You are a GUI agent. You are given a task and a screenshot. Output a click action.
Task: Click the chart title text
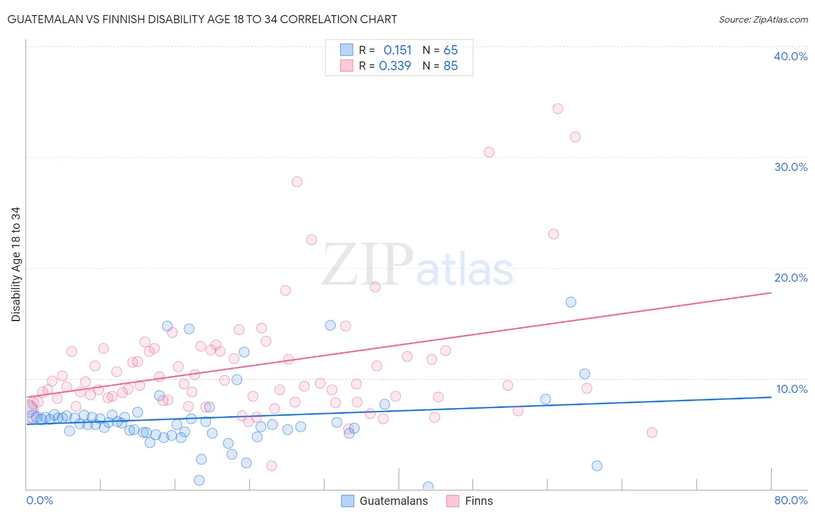[x=202, y=19]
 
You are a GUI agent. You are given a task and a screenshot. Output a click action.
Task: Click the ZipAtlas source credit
[x=763, y=19]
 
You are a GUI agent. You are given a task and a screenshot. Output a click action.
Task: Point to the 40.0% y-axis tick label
[x=791, y=56]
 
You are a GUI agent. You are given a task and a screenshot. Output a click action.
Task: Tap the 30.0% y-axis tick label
[x=791, y=167]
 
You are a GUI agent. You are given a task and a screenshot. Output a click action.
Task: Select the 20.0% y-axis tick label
[x=791, y=278]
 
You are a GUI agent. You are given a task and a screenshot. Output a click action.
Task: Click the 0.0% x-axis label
[x=39, y=500]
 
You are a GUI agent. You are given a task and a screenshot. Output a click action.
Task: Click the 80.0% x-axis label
[x=791, y=500]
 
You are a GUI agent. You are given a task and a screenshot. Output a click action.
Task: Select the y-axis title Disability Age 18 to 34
[x=16, y=264]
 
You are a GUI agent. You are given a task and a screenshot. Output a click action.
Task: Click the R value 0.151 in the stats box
[x=397, y=50]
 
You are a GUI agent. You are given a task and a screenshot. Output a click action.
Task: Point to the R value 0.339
[x=395, y=66]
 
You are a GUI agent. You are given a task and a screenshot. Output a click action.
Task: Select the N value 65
[x=450, y=50]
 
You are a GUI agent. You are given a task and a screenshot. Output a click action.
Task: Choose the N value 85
[x=450, y=66]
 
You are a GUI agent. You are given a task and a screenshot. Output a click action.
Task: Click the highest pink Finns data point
[x=558, y=108]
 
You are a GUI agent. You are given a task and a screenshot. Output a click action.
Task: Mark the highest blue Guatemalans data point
[x=571, y=302]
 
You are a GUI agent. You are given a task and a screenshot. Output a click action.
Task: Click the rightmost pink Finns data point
[x=652, y=432]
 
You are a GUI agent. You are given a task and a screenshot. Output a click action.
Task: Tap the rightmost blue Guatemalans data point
[x=597, y=466]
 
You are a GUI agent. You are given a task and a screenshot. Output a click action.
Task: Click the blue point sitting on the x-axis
[x=428, y=487]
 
